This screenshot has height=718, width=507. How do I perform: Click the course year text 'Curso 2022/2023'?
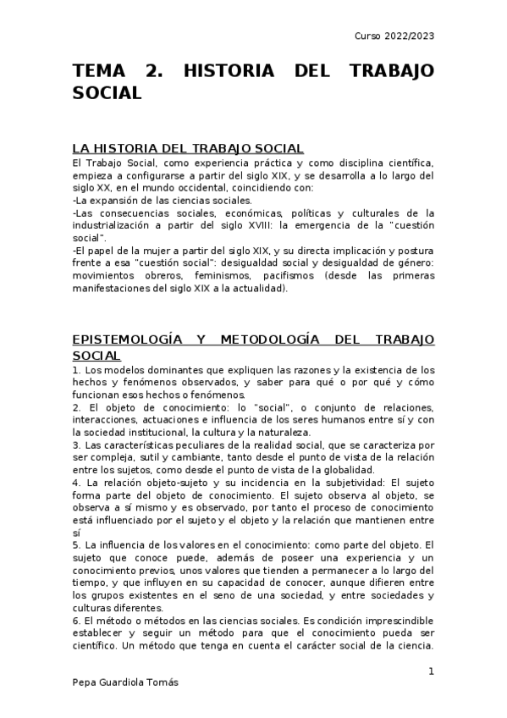point(395,36)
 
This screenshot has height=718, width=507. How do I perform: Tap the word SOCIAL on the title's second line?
point(107,93)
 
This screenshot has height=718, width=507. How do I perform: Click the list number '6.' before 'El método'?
point(76,622)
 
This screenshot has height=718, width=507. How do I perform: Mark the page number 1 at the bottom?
point(431,671)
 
